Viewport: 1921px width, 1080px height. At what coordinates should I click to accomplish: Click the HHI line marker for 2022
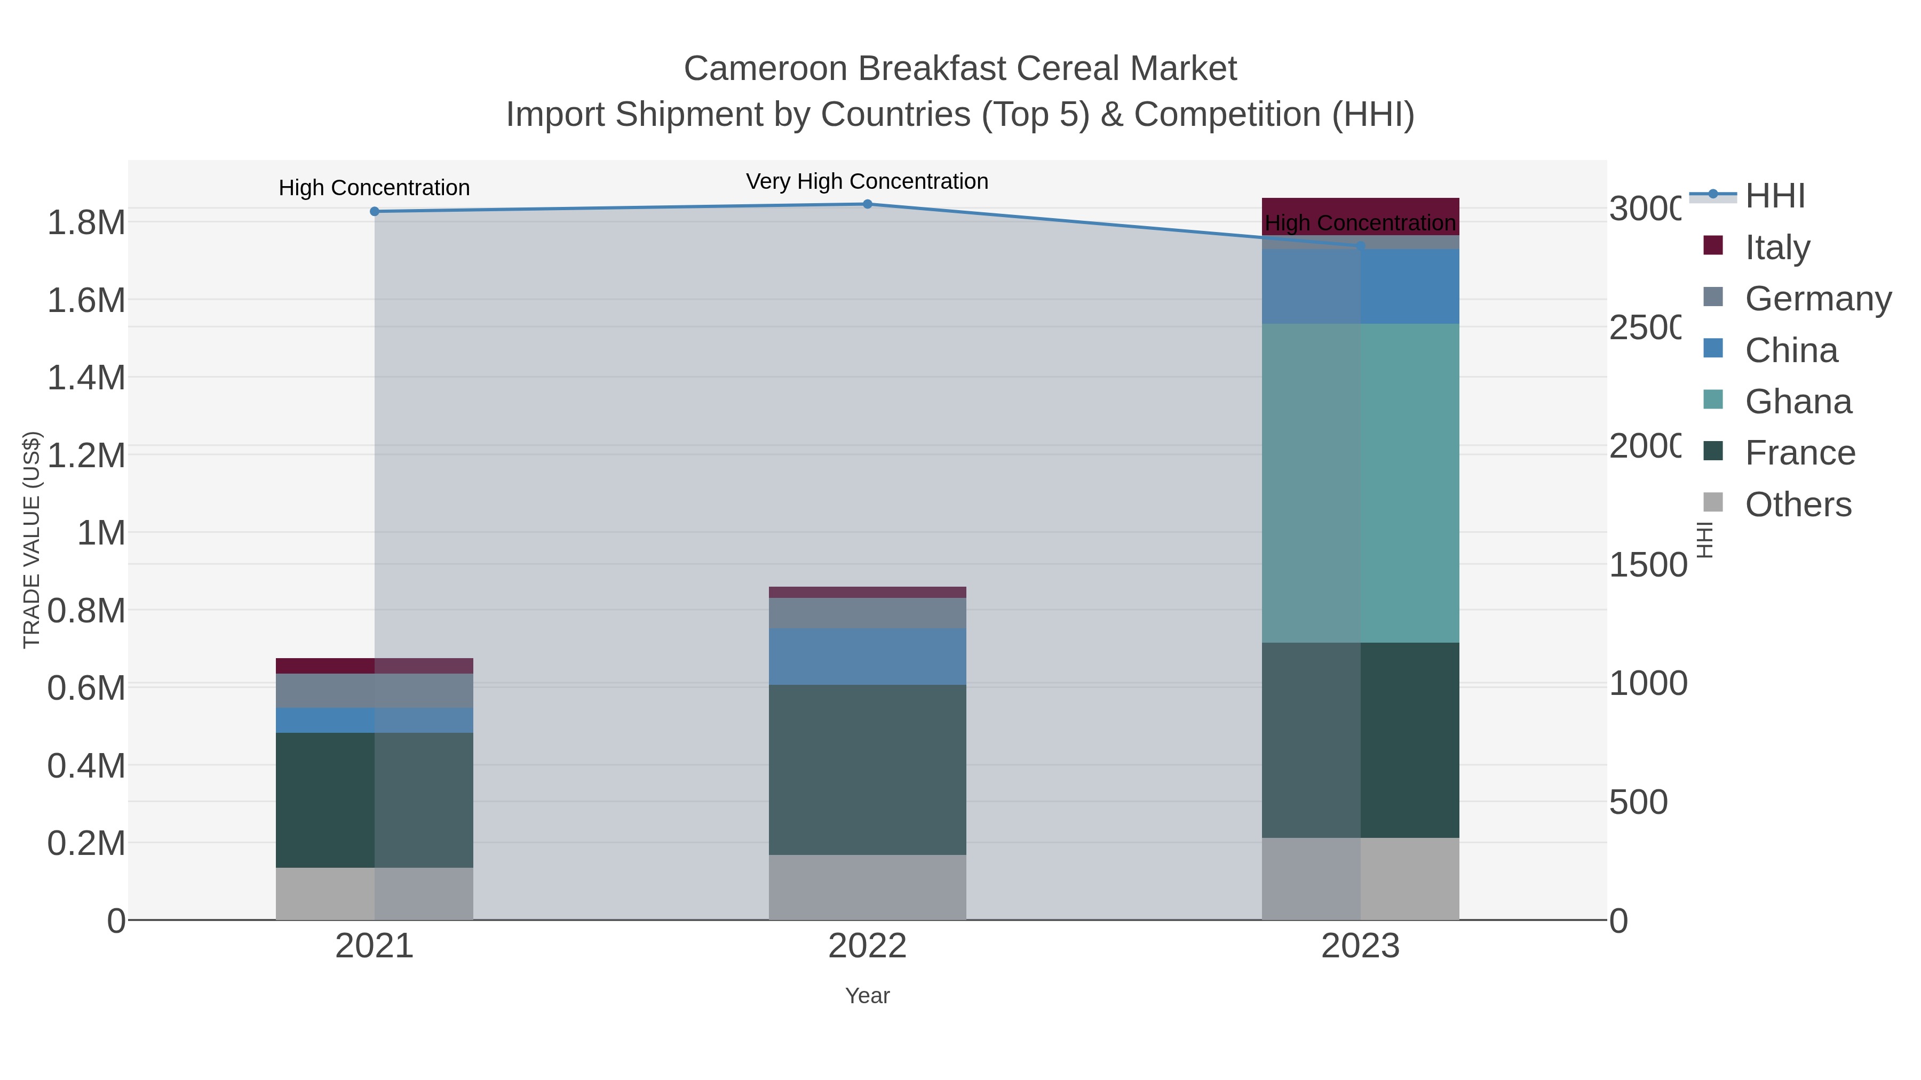pyautogui.click(x=867, y=204)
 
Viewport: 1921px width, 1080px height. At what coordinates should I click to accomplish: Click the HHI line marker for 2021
pyautogui.click(x=375, y=212)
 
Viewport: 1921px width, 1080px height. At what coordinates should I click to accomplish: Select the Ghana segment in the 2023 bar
pyautogui.click(x=1360, y=483)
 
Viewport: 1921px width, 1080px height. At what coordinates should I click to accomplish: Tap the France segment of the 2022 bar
pyautogui.click(x=867, y=769)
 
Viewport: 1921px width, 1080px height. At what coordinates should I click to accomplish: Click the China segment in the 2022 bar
pyautogui.click(x=867, y=656)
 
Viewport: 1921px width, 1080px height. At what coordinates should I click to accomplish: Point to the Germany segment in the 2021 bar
pyautogui.click(x=375, y=690)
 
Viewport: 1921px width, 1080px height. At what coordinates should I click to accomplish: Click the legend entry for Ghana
pyautogui.click(x=1797, y=402)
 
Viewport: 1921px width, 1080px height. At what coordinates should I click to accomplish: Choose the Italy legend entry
pyautogui.click(x=1777, y=247)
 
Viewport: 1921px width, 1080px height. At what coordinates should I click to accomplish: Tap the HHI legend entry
pyautogui.click(x=1775, y=196)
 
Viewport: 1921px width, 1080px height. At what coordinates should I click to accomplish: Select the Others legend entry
pyautogui.click(x=1797, y=505)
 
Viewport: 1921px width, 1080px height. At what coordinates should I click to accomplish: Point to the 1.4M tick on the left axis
pyautogui.click(x=86, y=378)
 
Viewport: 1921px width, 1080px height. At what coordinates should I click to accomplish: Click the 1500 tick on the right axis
pyautogui.click(x=1647, y=565)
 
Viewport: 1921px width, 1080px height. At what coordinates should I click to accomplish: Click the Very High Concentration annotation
pyautogui.click(x=867, y=181)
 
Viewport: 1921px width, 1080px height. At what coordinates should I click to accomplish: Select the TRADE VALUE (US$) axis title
pyautogui.click(x=31, y=540)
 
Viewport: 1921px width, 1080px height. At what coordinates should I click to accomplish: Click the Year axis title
pyautogui.click(x=867, y=996)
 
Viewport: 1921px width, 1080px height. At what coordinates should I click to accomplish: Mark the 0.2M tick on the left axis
pyautogui.click(x=86, y=844)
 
